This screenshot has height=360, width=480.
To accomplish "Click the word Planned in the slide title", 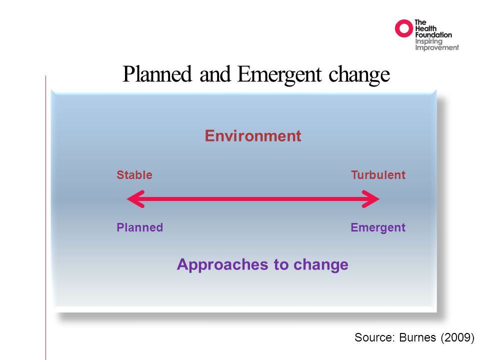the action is click(157, 74).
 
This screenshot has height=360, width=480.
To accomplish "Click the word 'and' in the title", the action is click(215, 74).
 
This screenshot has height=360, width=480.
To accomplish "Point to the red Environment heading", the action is click(253, 135).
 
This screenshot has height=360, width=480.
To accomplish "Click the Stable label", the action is click(134, 175).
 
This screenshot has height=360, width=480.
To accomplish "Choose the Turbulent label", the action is click(378, 175).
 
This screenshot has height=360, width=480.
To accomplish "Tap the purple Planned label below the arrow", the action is click(140, 227).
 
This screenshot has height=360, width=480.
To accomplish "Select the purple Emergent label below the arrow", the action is click(378, 228).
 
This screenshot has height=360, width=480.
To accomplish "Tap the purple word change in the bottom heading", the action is click(321, 265).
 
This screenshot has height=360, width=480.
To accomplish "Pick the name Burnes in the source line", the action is click(417, 337).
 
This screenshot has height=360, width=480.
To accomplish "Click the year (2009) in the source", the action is click(457, 337).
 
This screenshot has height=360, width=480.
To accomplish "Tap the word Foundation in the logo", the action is click(433, 35).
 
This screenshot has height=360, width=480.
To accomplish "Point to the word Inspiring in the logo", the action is click(428, 41).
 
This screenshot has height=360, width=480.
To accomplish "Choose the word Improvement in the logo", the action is click(437, 48).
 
